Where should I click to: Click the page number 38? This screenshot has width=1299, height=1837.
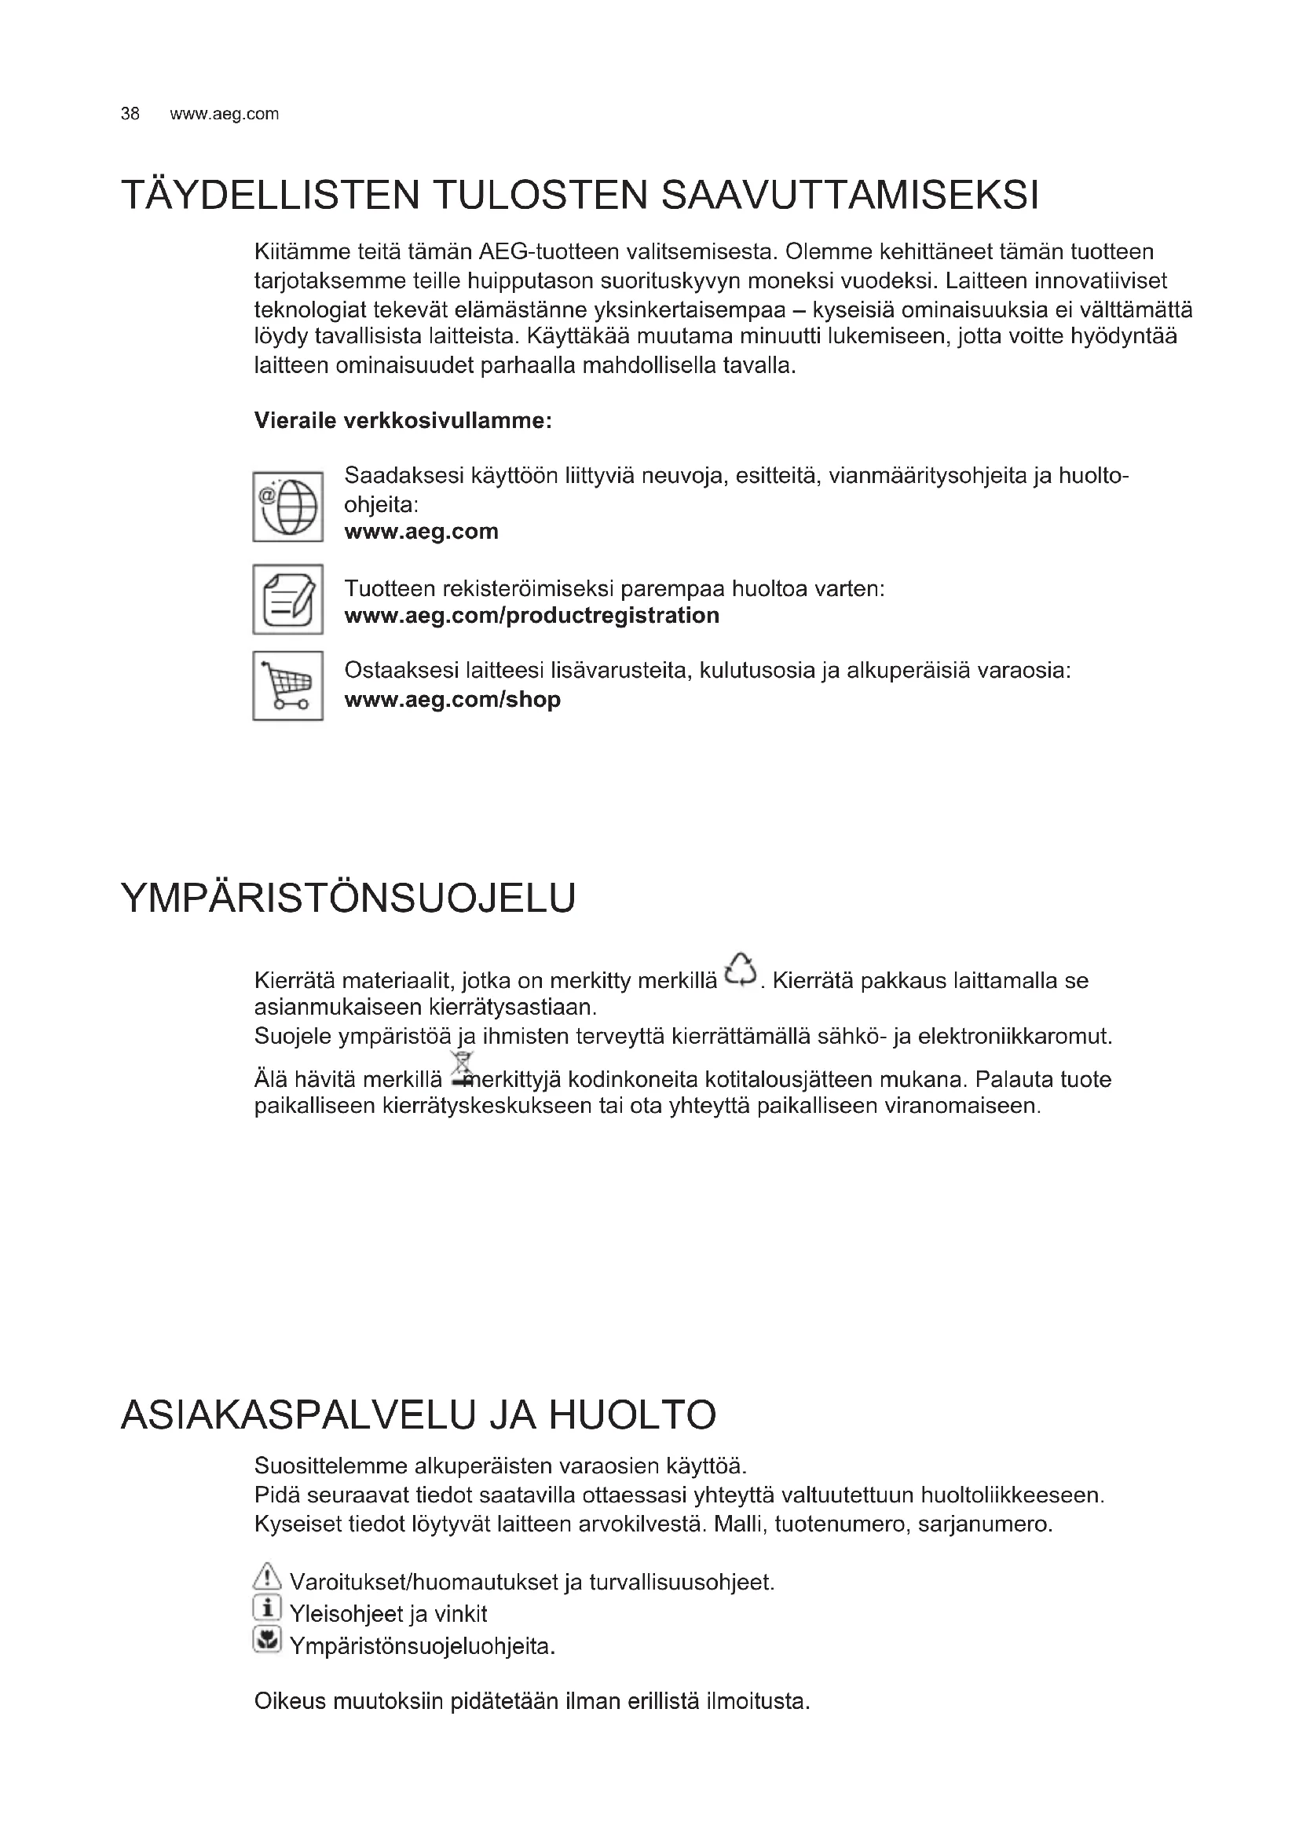pos(130,114)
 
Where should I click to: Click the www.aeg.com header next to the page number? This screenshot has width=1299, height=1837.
pos(224,114)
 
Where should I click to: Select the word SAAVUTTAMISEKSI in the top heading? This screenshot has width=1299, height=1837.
pos(851,196)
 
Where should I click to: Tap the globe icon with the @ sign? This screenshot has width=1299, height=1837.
pos(288,507)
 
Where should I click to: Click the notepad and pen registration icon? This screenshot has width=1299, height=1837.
pos(288,599)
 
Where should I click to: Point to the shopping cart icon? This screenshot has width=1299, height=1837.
pos(288,686)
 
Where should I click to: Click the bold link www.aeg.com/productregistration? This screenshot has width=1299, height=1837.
pos(532,615)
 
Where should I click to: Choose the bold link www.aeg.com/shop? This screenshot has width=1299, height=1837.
pos(452,699)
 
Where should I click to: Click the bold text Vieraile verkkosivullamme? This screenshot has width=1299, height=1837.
pos(403,420)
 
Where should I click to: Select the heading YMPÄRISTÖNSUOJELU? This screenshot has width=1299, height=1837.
pos(348,898)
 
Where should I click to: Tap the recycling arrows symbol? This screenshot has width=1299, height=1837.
pos(740,971)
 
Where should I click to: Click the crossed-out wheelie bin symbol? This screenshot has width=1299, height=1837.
pos(462,1070)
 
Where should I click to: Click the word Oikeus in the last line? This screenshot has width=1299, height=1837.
pos(290,1701)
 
